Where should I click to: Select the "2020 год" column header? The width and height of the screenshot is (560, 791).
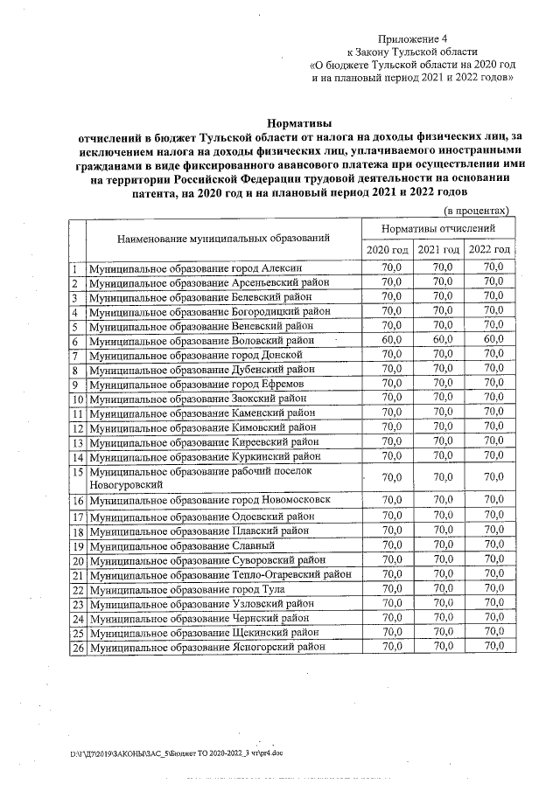coord(387,250)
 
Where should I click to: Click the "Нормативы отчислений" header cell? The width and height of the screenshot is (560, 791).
coord(438,227)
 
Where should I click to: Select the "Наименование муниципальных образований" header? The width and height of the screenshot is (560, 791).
coord(225,238)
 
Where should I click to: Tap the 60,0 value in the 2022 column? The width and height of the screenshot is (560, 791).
coord(494,340)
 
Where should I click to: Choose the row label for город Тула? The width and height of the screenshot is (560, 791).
coord(186,590)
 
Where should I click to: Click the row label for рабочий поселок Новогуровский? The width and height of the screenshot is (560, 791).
coord(201,477)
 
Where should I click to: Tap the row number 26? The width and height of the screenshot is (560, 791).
coord(78,648)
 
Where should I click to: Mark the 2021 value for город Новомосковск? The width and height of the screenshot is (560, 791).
coord(443,500)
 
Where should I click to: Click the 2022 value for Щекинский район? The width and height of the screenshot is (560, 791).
coord(494,632)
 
